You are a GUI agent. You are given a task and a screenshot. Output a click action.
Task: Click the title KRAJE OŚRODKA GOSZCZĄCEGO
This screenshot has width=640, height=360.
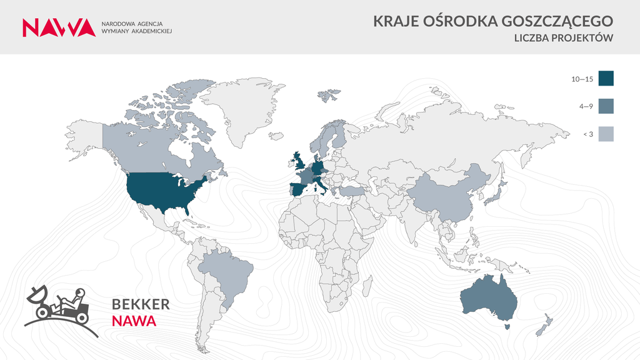[x=493, y=21]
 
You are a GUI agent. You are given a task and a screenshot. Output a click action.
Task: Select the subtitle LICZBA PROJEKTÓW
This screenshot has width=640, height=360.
[x=562, y=39]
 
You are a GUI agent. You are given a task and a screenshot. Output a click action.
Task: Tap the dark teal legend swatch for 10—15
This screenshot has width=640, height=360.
[x=606, y=78]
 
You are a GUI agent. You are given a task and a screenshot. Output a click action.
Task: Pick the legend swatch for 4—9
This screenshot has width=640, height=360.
[x=606, y=106]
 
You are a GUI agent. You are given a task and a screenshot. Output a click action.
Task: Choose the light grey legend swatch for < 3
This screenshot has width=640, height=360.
[x=606, y=134]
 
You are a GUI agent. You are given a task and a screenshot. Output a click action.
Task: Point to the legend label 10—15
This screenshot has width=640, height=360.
[x=582, y=79]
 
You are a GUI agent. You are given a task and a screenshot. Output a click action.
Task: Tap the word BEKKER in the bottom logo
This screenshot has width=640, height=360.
[x=141, y=305]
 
